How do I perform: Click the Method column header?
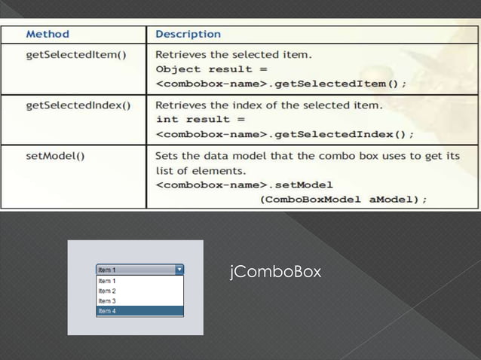point(48,34)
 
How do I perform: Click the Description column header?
point(188,34)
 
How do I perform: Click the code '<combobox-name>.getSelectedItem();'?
point(281,84)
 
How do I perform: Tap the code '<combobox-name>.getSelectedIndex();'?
point(285,135)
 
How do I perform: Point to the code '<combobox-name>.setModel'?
point(244,185)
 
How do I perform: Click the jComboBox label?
point(275,270)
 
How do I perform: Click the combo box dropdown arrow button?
point(179,269)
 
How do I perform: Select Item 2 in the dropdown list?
point(107,291)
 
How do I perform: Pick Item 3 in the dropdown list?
point(107,301)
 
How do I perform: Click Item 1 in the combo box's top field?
point(107,270)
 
